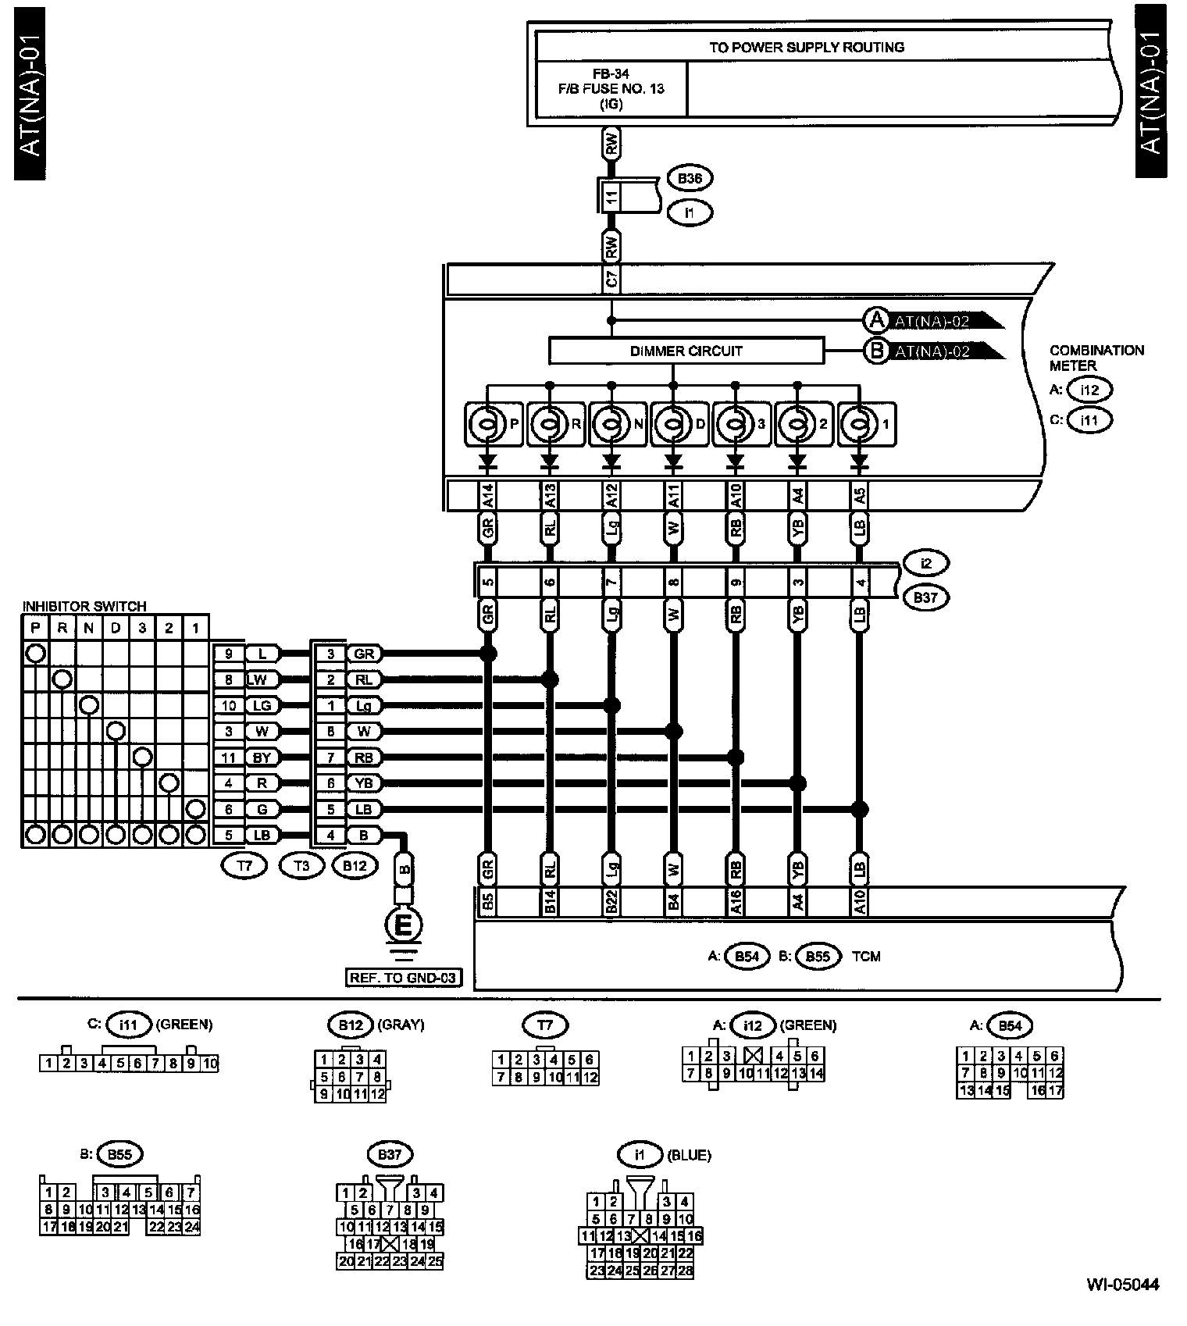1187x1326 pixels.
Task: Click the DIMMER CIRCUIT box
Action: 686,351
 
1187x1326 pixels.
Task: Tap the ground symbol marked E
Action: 404,926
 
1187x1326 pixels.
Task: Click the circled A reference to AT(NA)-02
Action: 876,320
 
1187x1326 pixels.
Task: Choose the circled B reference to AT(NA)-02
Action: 876,351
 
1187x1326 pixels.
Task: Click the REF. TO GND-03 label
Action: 404,977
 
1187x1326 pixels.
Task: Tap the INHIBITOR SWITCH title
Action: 84,606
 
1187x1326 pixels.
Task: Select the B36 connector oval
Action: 690,179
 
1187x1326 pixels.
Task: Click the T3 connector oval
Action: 301,864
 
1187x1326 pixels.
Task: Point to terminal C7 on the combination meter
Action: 611,279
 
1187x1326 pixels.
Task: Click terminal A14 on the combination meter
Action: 487,496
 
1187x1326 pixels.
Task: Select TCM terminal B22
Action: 611,902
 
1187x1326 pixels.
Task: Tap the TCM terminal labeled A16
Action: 735,902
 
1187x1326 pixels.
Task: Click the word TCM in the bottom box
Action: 866,956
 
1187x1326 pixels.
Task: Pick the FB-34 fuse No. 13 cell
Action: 611,88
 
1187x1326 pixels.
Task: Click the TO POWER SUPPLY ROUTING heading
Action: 807,47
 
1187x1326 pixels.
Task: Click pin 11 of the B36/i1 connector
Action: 611,194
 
